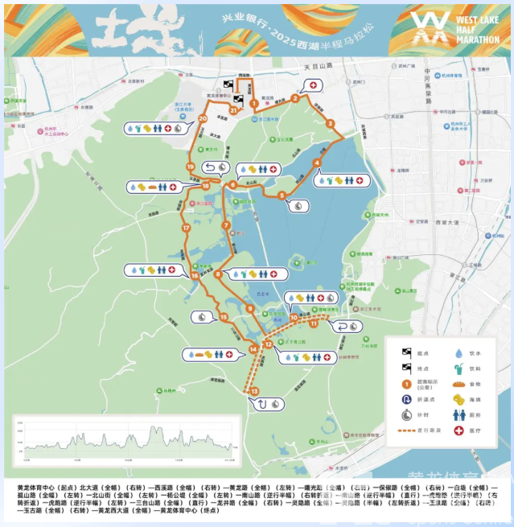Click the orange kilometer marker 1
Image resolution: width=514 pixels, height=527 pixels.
tap(253, 103)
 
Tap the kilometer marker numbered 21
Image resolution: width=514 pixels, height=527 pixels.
tap(233, 110)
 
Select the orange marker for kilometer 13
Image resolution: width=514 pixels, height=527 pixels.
tap(254, 391)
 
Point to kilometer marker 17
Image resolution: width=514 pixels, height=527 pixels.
tap(186, 228)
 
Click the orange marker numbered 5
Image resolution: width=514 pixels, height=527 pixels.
tap(282, 195)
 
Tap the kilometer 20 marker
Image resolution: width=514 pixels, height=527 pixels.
tap(203, 119)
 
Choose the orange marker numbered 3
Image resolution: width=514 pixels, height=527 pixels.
tap(330, 123)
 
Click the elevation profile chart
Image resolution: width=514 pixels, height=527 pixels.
tap(124, 443)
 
